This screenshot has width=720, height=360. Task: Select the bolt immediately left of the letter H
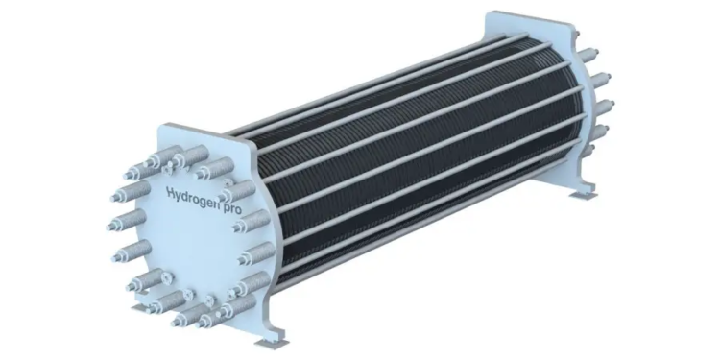[131, 191]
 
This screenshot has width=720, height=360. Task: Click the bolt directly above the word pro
[237, 190]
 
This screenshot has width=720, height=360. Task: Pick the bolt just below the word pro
[252, 221]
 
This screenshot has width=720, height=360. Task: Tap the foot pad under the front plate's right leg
[272, 344]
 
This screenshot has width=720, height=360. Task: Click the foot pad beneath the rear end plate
[583, 196]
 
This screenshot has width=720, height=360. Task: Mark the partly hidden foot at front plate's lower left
[140, 307]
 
